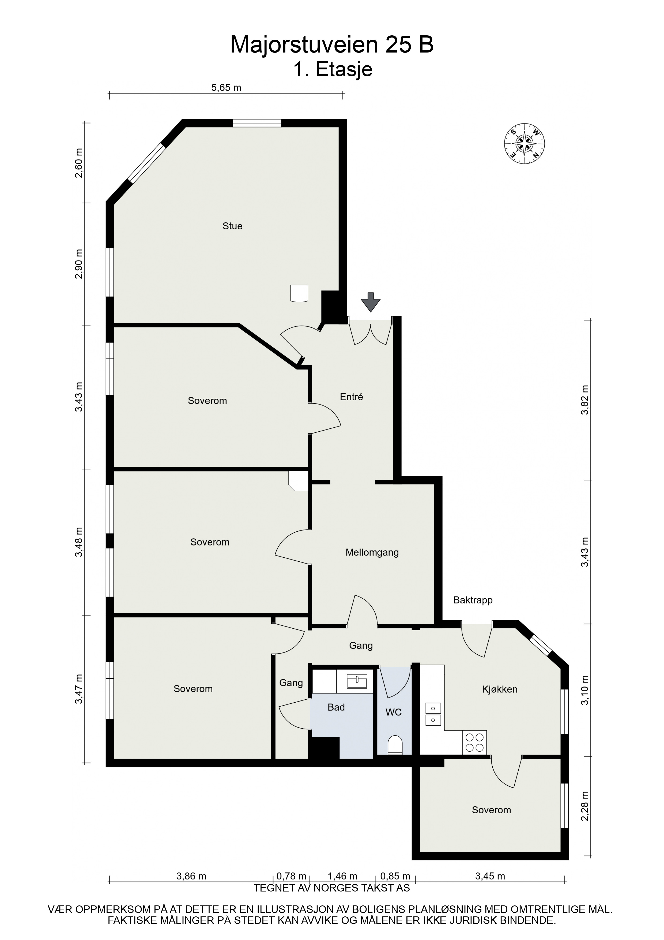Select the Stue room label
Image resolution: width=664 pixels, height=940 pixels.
point(232,226)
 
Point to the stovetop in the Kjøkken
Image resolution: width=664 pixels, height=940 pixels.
point(475,742)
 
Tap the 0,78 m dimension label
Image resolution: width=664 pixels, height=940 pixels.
point(291,876)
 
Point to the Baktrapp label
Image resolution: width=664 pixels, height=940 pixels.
point(473,600)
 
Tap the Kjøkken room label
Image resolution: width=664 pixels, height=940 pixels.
point(500,689)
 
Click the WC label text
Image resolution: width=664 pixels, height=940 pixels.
point(394,713)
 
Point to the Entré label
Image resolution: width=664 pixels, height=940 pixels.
point(352,397)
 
